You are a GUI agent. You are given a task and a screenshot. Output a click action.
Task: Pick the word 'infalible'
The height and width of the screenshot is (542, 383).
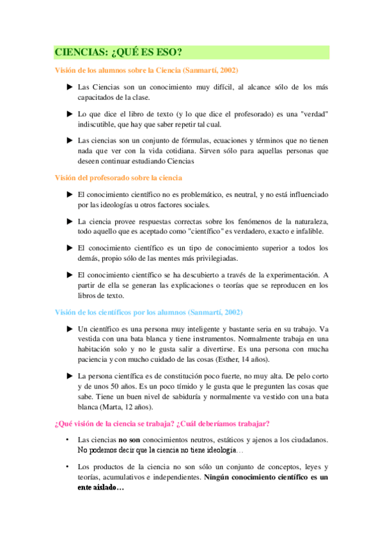[309, 231]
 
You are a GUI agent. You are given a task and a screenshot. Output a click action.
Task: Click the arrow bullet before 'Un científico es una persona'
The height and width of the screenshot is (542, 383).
[70, 329]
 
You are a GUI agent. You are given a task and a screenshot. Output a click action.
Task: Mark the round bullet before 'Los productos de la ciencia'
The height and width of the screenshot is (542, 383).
[67, 467]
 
